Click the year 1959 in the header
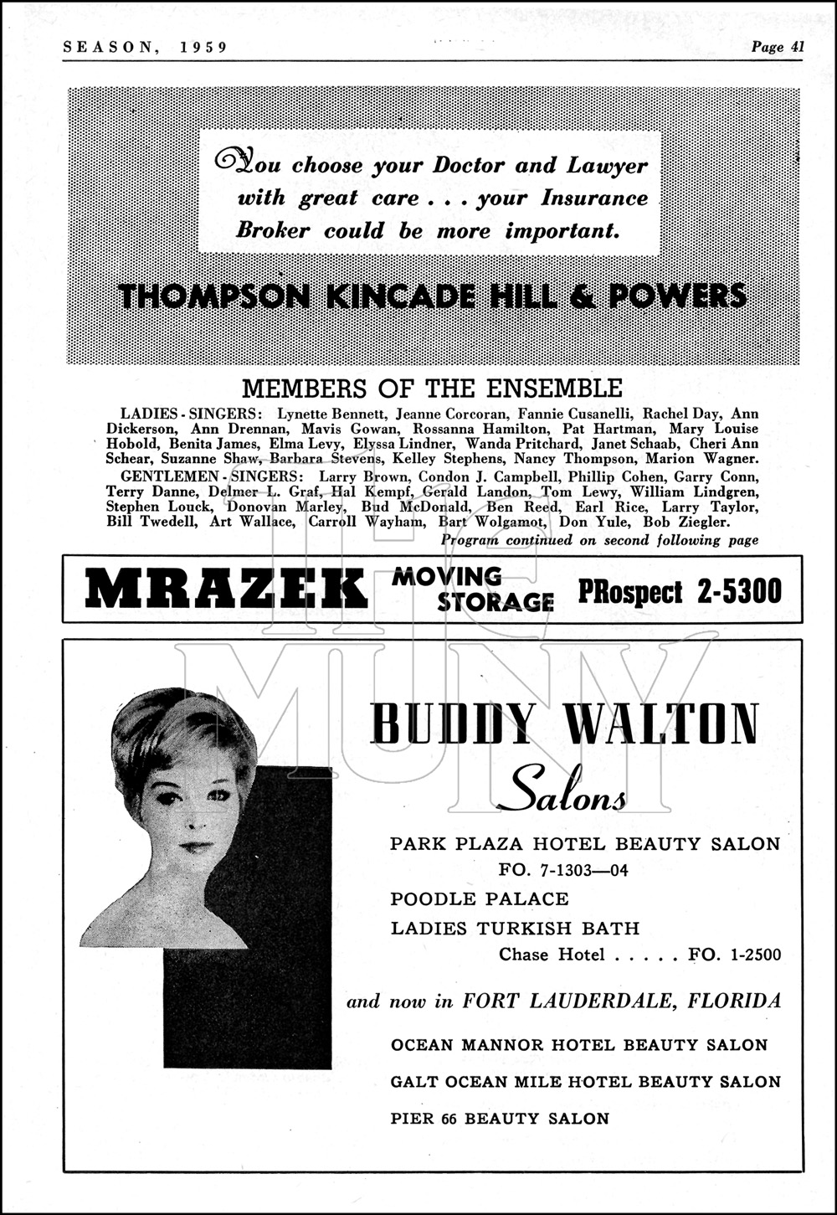point(203,47)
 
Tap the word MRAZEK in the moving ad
point(226,590)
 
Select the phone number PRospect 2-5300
point(679,592)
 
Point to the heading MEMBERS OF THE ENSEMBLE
point(432,389)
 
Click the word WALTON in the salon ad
point(661,725)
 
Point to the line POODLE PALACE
point(480,899)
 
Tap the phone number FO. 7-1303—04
point(562,870)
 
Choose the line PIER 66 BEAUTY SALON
point(500,1118)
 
